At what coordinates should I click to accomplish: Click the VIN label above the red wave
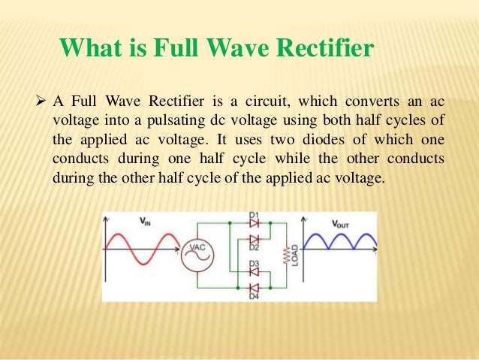pyautogui.click(x=145, y=221)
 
